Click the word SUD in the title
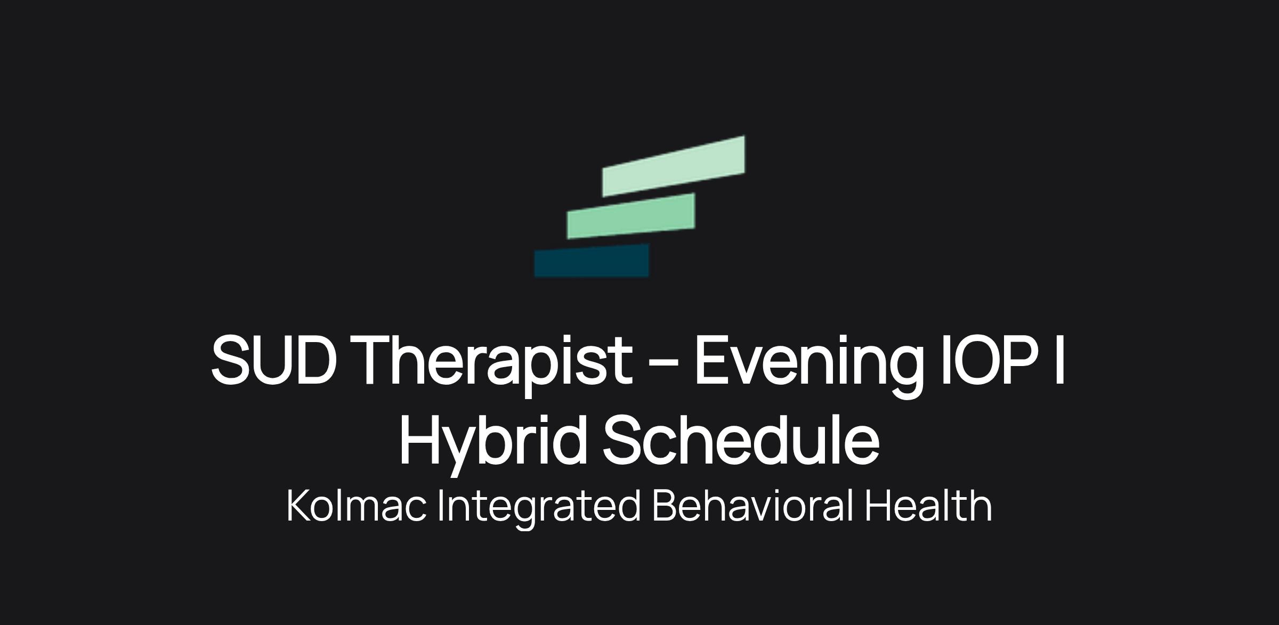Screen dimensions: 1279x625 274,359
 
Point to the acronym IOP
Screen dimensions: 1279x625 989,359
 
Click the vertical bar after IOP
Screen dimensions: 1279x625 1059,359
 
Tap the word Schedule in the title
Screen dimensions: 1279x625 741,439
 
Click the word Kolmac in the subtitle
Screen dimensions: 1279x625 357,506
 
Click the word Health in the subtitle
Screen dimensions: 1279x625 928,506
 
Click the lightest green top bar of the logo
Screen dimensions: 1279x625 674,166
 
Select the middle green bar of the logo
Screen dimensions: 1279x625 631,216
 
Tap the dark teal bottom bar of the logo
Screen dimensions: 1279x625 592,261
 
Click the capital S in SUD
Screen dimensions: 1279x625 232,359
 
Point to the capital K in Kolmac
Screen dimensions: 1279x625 298,506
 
